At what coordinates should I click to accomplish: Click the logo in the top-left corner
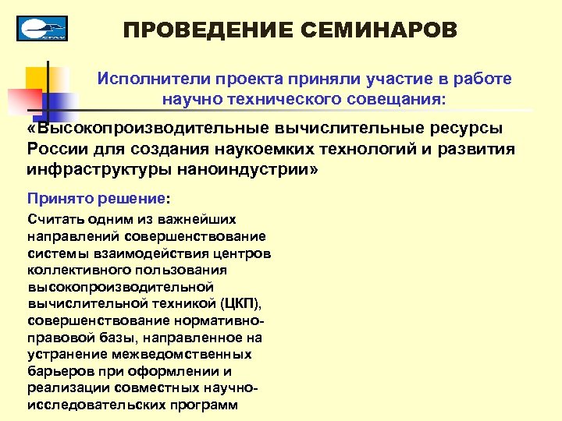(x=42, y=28)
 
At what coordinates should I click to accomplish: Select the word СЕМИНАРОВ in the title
(x=378, y=30)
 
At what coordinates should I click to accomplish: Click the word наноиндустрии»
(x=247, y=168)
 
